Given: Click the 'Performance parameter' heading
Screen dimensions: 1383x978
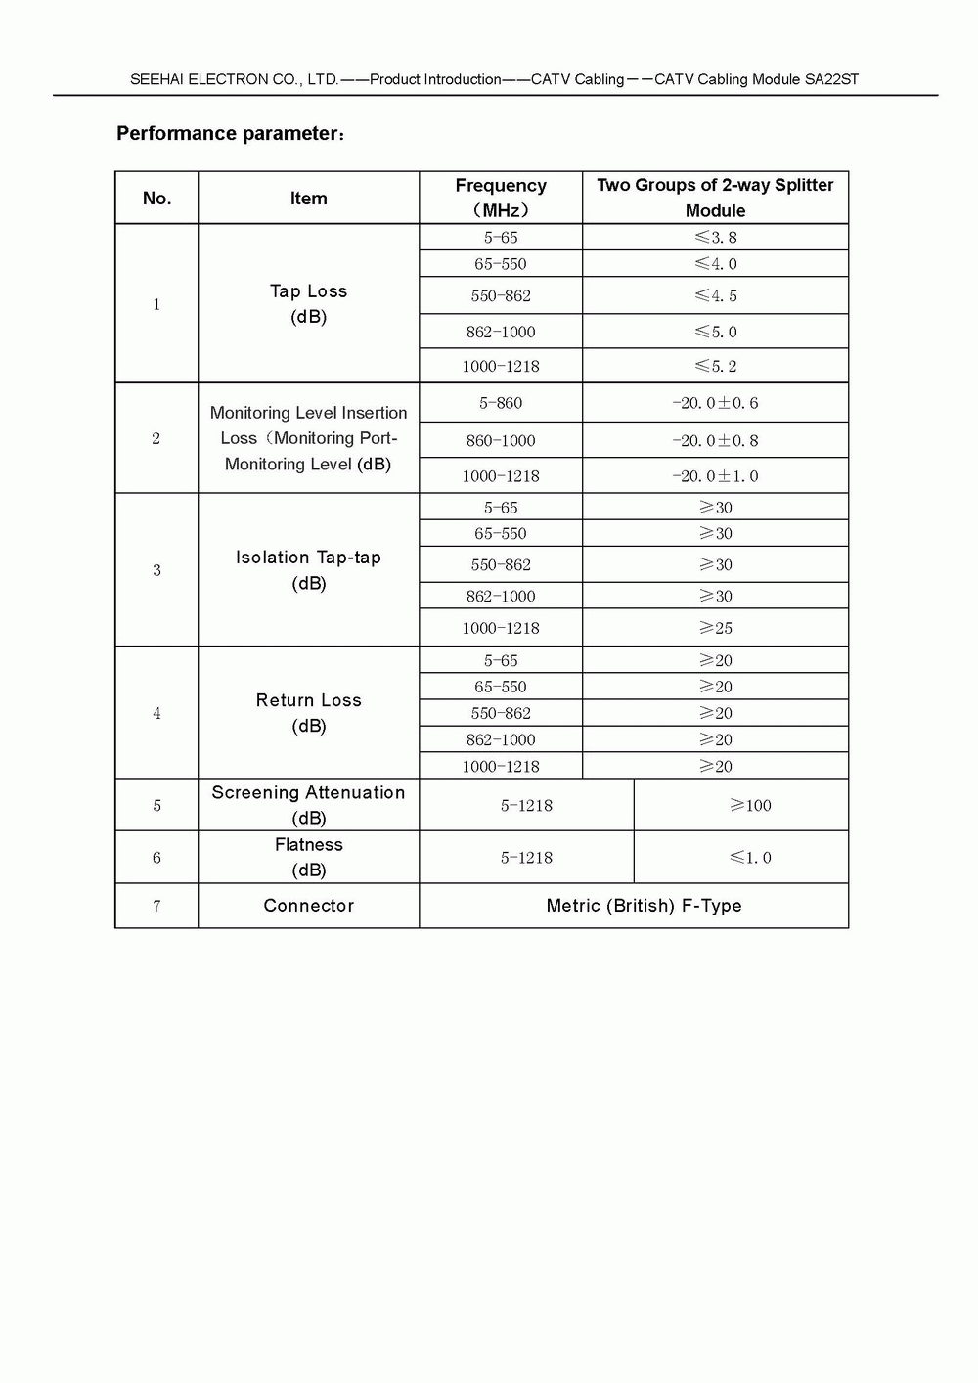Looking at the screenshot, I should tap(229, 134).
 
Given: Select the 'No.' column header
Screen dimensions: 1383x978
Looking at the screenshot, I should tap(156, 199).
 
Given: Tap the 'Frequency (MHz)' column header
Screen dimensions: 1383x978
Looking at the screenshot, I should tap(501, 198).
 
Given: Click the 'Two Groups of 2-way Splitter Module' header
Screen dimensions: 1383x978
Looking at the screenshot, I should tap(715, 198).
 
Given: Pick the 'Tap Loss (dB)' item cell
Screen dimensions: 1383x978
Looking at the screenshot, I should tap(308, 303).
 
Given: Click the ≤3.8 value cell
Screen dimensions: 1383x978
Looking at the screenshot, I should tap(715, 238).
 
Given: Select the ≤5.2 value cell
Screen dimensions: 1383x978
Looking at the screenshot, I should tap(715, 366).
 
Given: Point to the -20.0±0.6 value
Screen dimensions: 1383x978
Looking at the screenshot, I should tap(715, 403).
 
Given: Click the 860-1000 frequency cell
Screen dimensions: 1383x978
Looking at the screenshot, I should tap(501, 441).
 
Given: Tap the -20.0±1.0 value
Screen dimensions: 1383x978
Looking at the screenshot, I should tap(715, 476).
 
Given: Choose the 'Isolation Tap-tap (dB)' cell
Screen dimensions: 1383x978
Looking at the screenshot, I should tap(308, 570).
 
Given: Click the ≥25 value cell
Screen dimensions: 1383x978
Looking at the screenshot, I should tap(715, 628).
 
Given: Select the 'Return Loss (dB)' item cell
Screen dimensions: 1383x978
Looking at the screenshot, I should tap(308, 713).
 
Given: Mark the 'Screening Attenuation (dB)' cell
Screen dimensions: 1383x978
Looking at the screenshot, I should tap(308, 805).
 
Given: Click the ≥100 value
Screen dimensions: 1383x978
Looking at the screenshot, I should tap(750, 806).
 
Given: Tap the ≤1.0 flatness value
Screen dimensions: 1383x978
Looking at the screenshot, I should tap(750, 858).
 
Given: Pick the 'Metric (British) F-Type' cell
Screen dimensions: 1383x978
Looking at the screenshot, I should tap(644, 906).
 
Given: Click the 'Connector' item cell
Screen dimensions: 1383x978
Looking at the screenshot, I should tap(308, 906).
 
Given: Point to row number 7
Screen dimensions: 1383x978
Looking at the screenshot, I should tap(156, 906).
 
